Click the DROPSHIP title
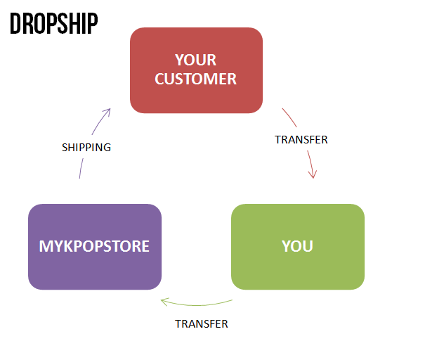point(53,24)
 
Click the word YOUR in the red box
point(195,60)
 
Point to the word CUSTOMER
point(195,79)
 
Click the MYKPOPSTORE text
point(94,247)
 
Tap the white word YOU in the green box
point(297,247)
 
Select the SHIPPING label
point(86,148)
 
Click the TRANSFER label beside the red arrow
point(301,139)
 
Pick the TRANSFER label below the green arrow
point(201,324)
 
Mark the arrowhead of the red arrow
point(313,174)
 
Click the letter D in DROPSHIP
point(15,24)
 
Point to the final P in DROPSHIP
point(92,24)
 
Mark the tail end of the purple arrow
point(79,177)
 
